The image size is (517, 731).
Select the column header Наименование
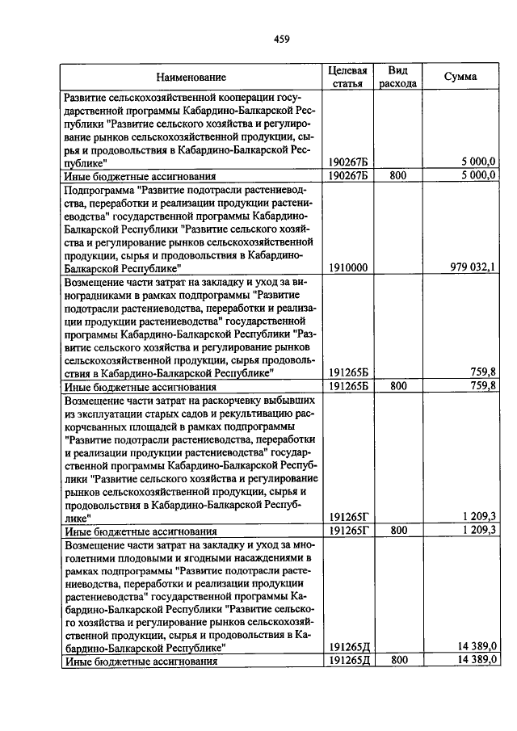[x=191, y=78]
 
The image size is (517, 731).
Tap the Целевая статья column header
[x=347, y=78]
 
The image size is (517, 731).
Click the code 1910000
[x=350, y=267]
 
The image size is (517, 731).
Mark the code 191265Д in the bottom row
[x=350, y=661]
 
